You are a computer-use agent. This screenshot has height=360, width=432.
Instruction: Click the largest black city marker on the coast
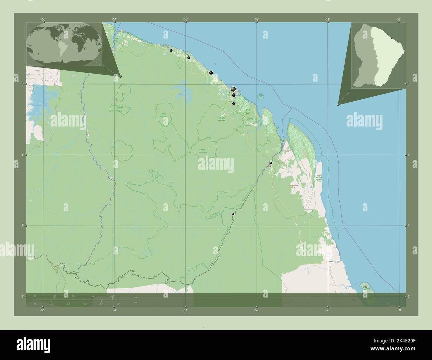233,89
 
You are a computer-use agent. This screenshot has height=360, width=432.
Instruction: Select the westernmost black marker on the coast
171,50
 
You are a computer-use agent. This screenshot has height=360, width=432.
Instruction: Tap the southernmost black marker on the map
233,214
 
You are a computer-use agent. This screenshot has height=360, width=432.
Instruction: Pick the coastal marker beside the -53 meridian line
188,58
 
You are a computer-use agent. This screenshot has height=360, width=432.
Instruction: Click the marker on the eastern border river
271,163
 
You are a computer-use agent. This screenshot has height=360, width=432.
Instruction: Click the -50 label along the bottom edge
399,310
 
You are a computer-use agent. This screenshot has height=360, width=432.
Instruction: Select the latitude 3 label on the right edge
409,226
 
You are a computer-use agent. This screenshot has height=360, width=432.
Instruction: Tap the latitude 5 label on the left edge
23,84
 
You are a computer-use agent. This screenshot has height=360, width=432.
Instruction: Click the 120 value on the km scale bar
112,296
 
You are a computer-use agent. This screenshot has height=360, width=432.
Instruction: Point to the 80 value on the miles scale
118,304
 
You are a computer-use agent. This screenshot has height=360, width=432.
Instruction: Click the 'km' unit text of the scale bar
136,297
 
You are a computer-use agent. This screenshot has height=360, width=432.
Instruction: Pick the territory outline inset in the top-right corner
378,55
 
